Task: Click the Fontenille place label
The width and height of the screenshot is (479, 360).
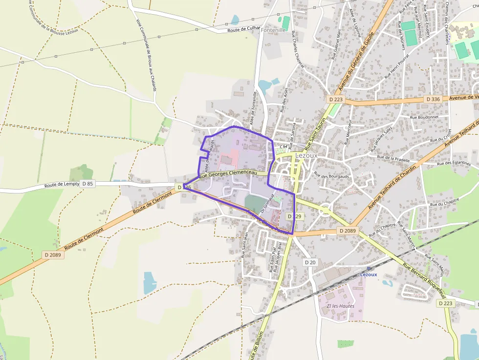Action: pyautogui.click(x=273, y=30)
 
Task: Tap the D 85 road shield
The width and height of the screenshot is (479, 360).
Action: pyautogui.click(x=87, y=184)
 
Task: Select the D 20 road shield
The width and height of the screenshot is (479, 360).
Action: pyautogui.click(x=310, y=262)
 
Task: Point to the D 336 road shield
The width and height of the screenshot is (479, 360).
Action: pyautogui.click(x=433, y=99)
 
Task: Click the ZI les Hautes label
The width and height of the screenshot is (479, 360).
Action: pyautogui.click(x=340, y=306)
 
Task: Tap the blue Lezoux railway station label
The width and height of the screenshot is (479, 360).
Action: pyautogui.click(x=369, y=275)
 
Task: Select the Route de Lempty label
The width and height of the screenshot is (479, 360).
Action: pyautogui.click(x=61, y=185)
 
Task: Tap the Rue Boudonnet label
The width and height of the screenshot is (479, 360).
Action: pyautogui.click(x=424, y=117)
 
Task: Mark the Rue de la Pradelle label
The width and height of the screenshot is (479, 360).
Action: pyautogui.click(x=393, y=158)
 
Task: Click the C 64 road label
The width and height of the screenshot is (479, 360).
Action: pyautogui.click(x=283, y=146)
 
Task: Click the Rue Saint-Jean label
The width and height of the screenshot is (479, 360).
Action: pyautogui.click(x=245, y=244)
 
